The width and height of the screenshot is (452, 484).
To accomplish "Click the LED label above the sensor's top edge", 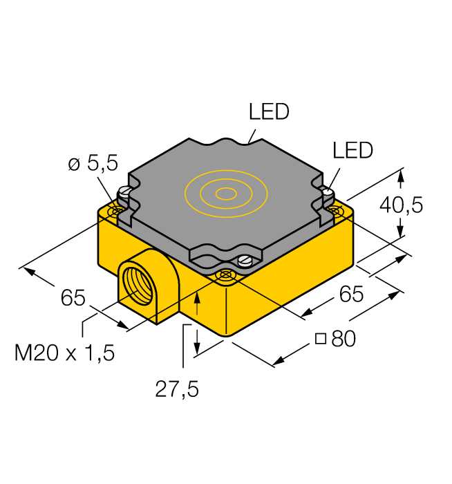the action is (x=269, y=111).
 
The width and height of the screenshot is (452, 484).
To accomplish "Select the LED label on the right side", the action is (x=352, y=150).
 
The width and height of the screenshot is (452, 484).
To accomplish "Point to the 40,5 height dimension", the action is (x=401, y=205).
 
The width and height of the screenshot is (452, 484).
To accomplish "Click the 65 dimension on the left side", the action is (x=73, y=297).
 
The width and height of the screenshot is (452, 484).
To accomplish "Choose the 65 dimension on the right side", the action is (x=351, y=294).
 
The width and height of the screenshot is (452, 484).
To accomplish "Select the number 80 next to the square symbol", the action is (x=343, y=339).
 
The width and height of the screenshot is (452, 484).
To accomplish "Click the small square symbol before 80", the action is (x=321, y=339).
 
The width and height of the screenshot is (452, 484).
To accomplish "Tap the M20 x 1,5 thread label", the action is (x=64, y=353).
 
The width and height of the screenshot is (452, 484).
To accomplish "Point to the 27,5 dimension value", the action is (x=177, y=389).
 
